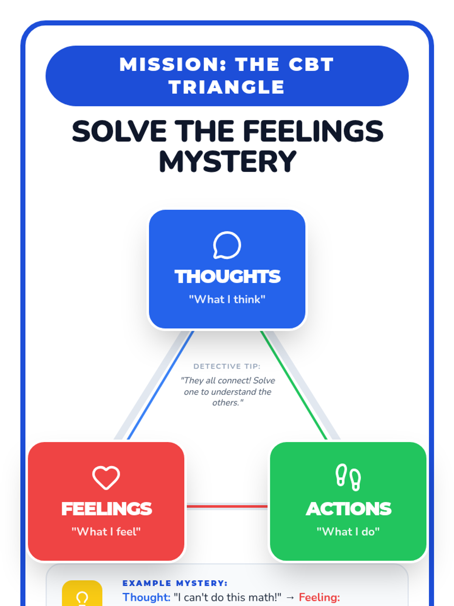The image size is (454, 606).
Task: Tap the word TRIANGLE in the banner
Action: (227, 87)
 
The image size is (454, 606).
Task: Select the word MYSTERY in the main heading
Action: (227, 162)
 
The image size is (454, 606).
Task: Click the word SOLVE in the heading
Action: (119, 131)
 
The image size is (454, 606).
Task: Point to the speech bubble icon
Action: (227, 245)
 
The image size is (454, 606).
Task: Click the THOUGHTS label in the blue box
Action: (227, 276)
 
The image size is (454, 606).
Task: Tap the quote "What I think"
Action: (227, 300)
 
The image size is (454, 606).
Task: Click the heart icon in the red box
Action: (106, 478)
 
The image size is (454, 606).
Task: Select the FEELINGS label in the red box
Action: (106, 509)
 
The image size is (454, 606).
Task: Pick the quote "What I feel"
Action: (106, 532)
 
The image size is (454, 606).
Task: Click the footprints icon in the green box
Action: (348, 477)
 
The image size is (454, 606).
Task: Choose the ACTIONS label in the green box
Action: (348, 509)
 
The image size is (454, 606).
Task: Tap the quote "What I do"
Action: (348, 532)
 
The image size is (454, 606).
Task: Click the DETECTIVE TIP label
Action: (227, 366)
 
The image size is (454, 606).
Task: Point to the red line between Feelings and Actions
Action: (227, 506)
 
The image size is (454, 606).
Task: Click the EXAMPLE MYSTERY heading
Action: (175, 583)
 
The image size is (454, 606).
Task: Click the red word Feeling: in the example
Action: (319, 597)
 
